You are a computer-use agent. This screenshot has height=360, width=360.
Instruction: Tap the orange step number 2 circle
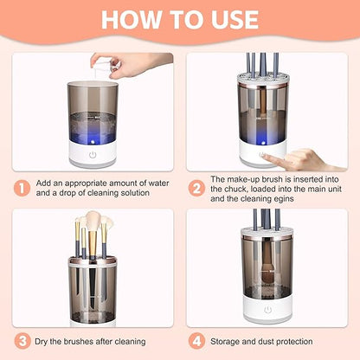point(196,187)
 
